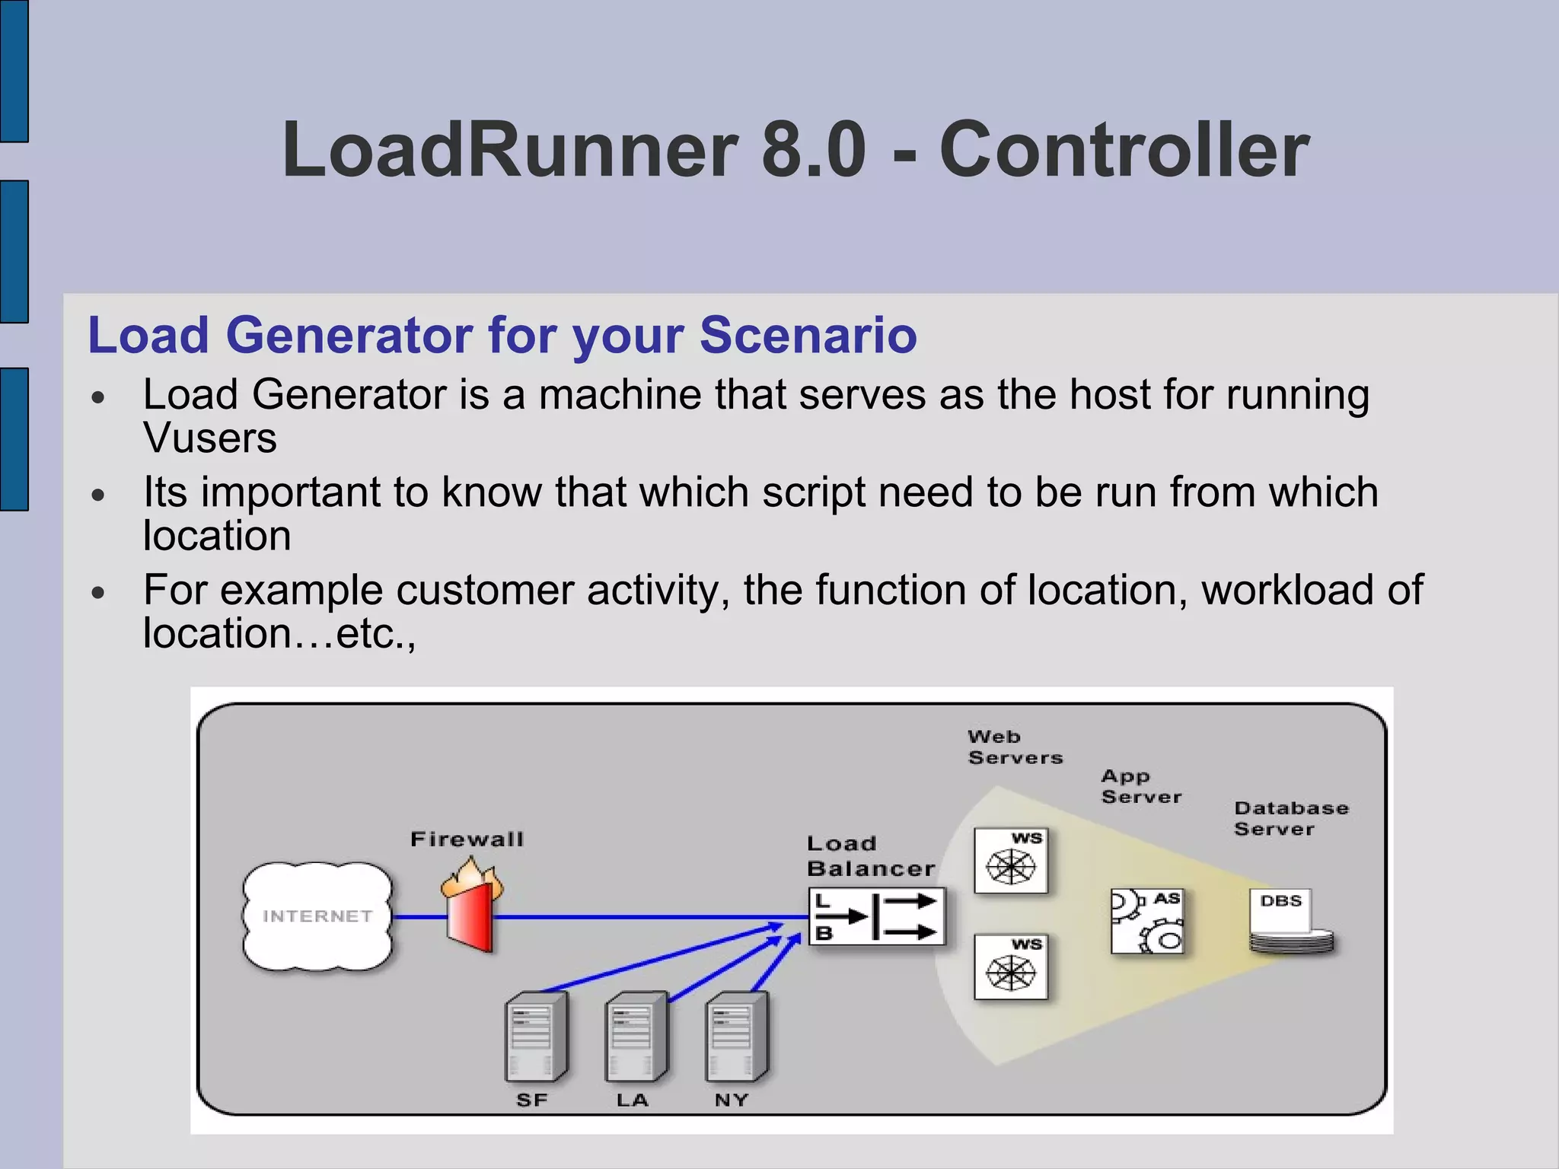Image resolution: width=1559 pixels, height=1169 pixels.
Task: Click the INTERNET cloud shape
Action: pos(317,916)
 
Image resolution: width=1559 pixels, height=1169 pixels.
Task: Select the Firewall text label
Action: pos(467,839)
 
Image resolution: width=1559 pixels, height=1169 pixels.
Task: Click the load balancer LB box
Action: pos(877,916)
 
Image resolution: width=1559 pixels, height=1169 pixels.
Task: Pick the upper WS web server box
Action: pos(1011,861)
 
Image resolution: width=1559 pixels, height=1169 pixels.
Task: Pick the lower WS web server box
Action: pos(1011,967)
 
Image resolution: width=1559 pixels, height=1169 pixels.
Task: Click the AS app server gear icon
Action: pos(1146,921)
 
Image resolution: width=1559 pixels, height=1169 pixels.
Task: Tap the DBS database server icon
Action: pos(1290,922)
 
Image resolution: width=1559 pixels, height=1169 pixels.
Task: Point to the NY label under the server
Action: pos(732,1100)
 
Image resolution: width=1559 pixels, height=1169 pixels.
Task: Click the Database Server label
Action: pos(1290,818)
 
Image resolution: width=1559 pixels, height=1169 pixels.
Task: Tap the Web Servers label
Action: pos(1014,747)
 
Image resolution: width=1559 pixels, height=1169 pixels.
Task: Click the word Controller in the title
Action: pos(1124,150)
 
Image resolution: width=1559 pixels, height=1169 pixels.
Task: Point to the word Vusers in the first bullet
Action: pos(210,438)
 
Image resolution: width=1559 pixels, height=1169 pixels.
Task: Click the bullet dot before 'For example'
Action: pos(97,593)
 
